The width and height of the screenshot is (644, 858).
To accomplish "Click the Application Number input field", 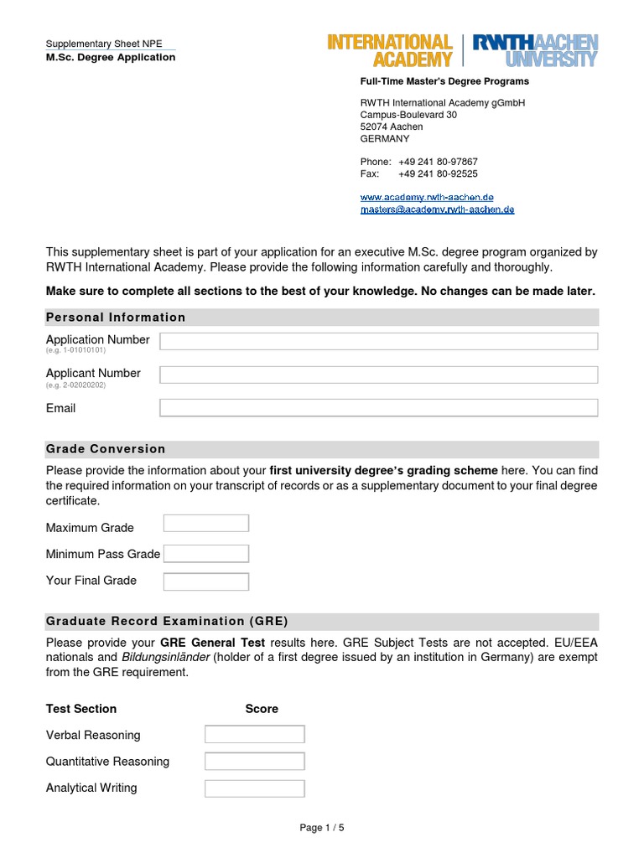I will tap(378, 341).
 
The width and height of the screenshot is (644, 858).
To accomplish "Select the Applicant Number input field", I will tap(378, 375).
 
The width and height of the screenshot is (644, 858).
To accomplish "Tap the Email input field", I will tap(378, 408).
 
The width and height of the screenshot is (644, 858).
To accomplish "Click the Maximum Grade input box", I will tap(206, 524).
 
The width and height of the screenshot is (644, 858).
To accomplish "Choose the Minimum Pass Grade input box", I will tap(206, 554).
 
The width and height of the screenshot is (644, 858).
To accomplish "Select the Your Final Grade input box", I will tap(206, 581).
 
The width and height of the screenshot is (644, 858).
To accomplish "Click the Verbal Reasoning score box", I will tap(254, 735).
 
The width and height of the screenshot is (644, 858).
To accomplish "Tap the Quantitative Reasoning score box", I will tap(254, 762).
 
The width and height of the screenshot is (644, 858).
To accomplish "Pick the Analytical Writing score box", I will tap(254, 788).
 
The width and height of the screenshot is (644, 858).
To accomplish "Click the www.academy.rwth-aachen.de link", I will tap(421, 197).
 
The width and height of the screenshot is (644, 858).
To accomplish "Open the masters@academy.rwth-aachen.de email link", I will tap(437, 209).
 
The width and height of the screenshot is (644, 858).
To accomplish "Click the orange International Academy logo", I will tap(390, 50).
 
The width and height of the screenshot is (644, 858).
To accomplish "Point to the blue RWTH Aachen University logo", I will tap(535, 50).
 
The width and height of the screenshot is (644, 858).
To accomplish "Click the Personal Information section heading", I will tap(116, 318).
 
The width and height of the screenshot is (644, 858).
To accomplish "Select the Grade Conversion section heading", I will tap(106, 449).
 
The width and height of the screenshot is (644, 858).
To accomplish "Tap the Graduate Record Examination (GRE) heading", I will tap(167, 622).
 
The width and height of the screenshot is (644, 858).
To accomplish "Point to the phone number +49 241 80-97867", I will tap(438, 162).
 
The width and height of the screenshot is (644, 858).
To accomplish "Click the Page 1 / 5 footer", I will tap(322, 828).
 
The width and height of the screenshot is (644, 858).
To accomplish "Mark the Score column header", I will tap(262, 709).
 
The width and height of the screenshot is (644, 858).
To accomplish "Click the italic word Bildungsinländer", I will tap(164, 658).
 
